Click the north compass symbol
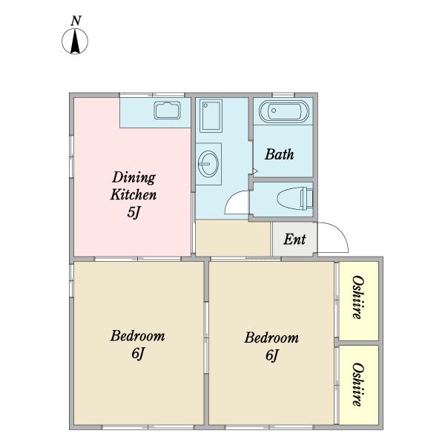coord(75,42)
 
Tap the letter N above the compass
coord(76,21)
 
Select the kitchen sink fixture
coord(168,110)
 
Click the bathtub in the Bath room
coord(284,111)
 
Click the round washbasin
coord(208,163)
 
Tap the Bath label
coord(280,154)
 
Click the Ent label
coord(295,240)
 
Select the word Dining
coord(134,178)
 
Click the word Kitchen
coord(133,194)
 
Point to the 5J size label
coord(133,212)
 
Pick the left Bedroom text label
coord(138,336)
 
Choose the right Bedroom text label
coord(271,337)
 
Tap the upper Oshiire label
coord(358,297)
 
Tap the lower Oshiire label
coord(358,384)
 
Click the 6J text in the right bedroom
coord(273,355)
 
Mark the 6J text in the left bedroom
coord(138,353)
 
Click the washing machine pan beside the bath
coord(211,116)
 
